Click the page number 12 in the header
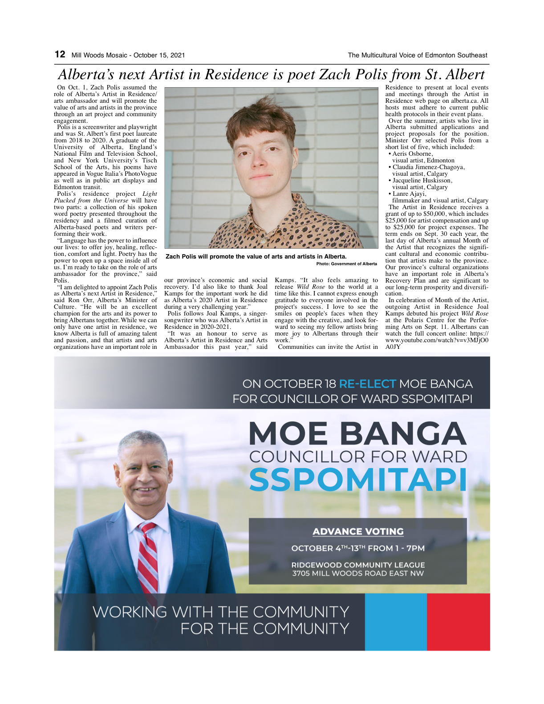click(x=60, y=54)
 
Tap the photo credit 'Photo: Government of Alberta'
click(x=346, y=264)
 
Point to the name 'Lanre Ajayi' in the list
click(x=409, y=194)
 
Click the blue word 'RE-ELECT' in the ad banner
click(x=367, y=384)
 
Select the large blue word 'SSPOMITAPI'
click(x=358, y=480)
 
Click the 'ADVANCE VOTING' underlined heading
click(x=358, y=531)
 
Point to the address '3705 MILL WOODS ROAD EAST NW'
click(x=358, y=573)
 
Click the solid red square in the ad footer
click(x=458, y=622)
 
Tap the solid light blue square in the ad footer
click(x=396, y=622)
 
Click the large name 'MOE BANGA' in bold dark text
click(x=357, y=433)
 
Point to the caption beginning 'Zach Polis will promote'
click(x=256, y=256)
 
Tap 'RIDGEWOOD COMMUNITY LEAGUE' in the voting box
click(x=358, y=565)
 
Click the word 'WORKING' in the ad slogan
click(x=130, y=612)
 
